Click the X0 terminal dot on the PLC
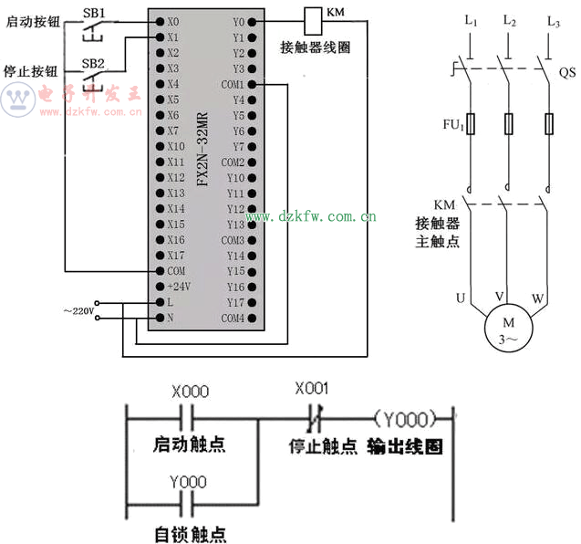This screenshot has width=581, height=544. (160, 22)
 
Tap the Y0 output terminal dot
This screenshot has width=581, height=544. (252, 22)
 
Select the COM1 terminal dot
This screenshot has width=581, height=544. (252, 85)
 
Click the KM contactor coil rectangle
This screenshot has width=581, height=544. (313, 21)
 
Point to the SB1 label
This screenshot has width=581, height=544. (94, 14)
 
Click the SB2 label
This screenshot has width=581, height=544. (93, 63)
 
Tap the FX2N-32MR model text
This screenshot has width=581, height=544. (202, 149)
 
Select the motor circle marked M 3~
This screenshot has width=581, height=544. (508, 328)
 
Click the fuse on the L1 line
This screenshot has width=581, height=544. (471, 123)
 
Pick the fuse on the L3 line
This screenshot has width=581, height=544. (549, 123)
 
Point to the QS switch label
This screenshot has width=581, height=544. (567, 72)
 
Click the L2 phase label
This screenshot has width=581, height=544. (510, 20)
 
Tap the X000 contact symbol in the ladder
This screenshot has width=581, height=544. (186, 419)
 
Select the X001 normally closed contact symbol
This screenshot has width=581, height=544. (315, 419)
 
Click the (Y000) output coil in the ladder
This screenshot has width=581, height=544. (405, 419)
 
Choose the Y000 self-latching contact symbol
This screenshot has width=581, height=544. (186, 505)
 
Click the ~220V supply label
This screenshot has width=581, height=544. (79, 310)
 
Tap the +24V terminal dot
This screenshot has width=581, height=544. (160, 287)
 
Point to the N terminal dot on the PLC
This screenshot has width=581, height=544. (160, 318)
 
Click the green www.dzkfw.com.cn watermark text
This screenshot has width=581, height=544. (310, 216)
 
